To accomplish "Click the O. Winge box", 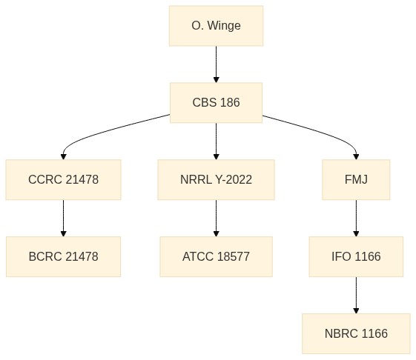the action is [217, 26].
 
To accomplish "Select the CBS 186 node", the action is [217, 102].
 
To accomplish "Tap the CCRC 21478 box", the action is [64, 179].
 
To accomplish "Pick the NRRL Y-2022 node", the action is [217, 179].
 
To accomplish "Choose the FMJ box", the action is [356, 179].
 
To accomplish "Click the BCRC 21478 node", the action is [64, 256].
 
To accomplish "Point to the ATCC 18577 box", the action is [217, 256].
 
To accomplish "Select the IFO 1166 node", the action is [356, 256].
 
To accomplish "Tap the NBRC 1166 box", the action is [356, 333].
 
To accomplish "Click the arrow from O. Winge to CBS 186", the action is [217, 64].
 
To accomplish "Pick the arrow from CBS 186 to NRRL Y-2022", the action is [217, 141].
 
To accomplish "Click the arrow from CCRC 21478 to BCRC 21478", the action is [64, 218].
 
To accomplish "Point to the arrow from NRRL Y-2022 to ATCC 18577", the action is [217, 218].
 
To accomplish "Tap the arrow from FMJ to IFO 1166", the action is [356, 218].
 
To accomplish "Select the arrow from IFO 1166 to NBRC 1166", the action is [356, 295].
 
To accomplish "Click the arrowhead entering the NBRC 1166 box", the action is [356, 311].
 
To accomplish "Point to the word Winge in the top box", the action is [224, 26].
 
